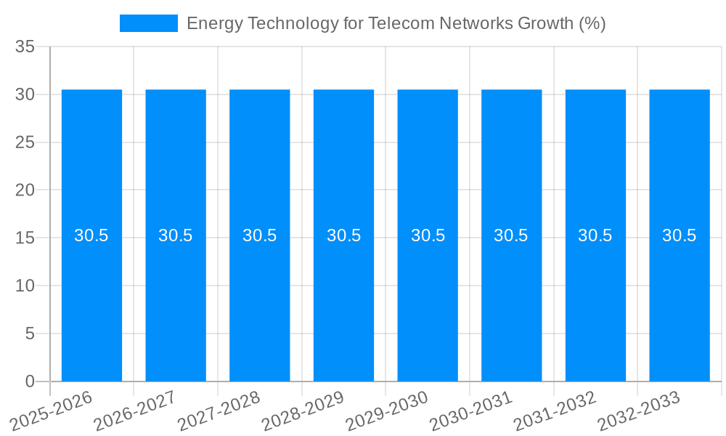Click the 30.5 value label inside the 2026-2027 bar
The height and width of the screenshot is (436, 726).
(x=176, y=235)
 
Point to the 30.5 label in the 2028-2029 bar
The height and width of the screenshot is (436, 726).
(x=343, y=235)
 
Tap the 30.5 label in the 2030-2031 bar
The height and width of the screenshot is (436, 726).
(x=511, y=235)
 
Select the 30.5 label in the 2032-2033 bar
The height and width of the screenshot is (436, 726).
(x=679, y=235)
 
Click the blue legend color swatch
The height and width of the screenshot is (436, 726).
(x=148, y=23)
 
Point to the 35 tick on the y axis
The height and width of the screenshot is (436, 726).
(x=25, y=47)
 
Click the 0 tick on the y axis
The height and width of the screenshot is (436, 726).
(x=30, y=381)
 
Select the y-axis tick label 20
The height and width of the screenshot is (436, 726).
(x=25, y=190)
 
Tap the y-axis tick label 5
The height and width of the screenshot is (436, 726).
(x=30, y=334)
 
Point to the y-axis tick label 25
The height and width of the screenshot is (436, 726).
(x=25, y=142)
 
